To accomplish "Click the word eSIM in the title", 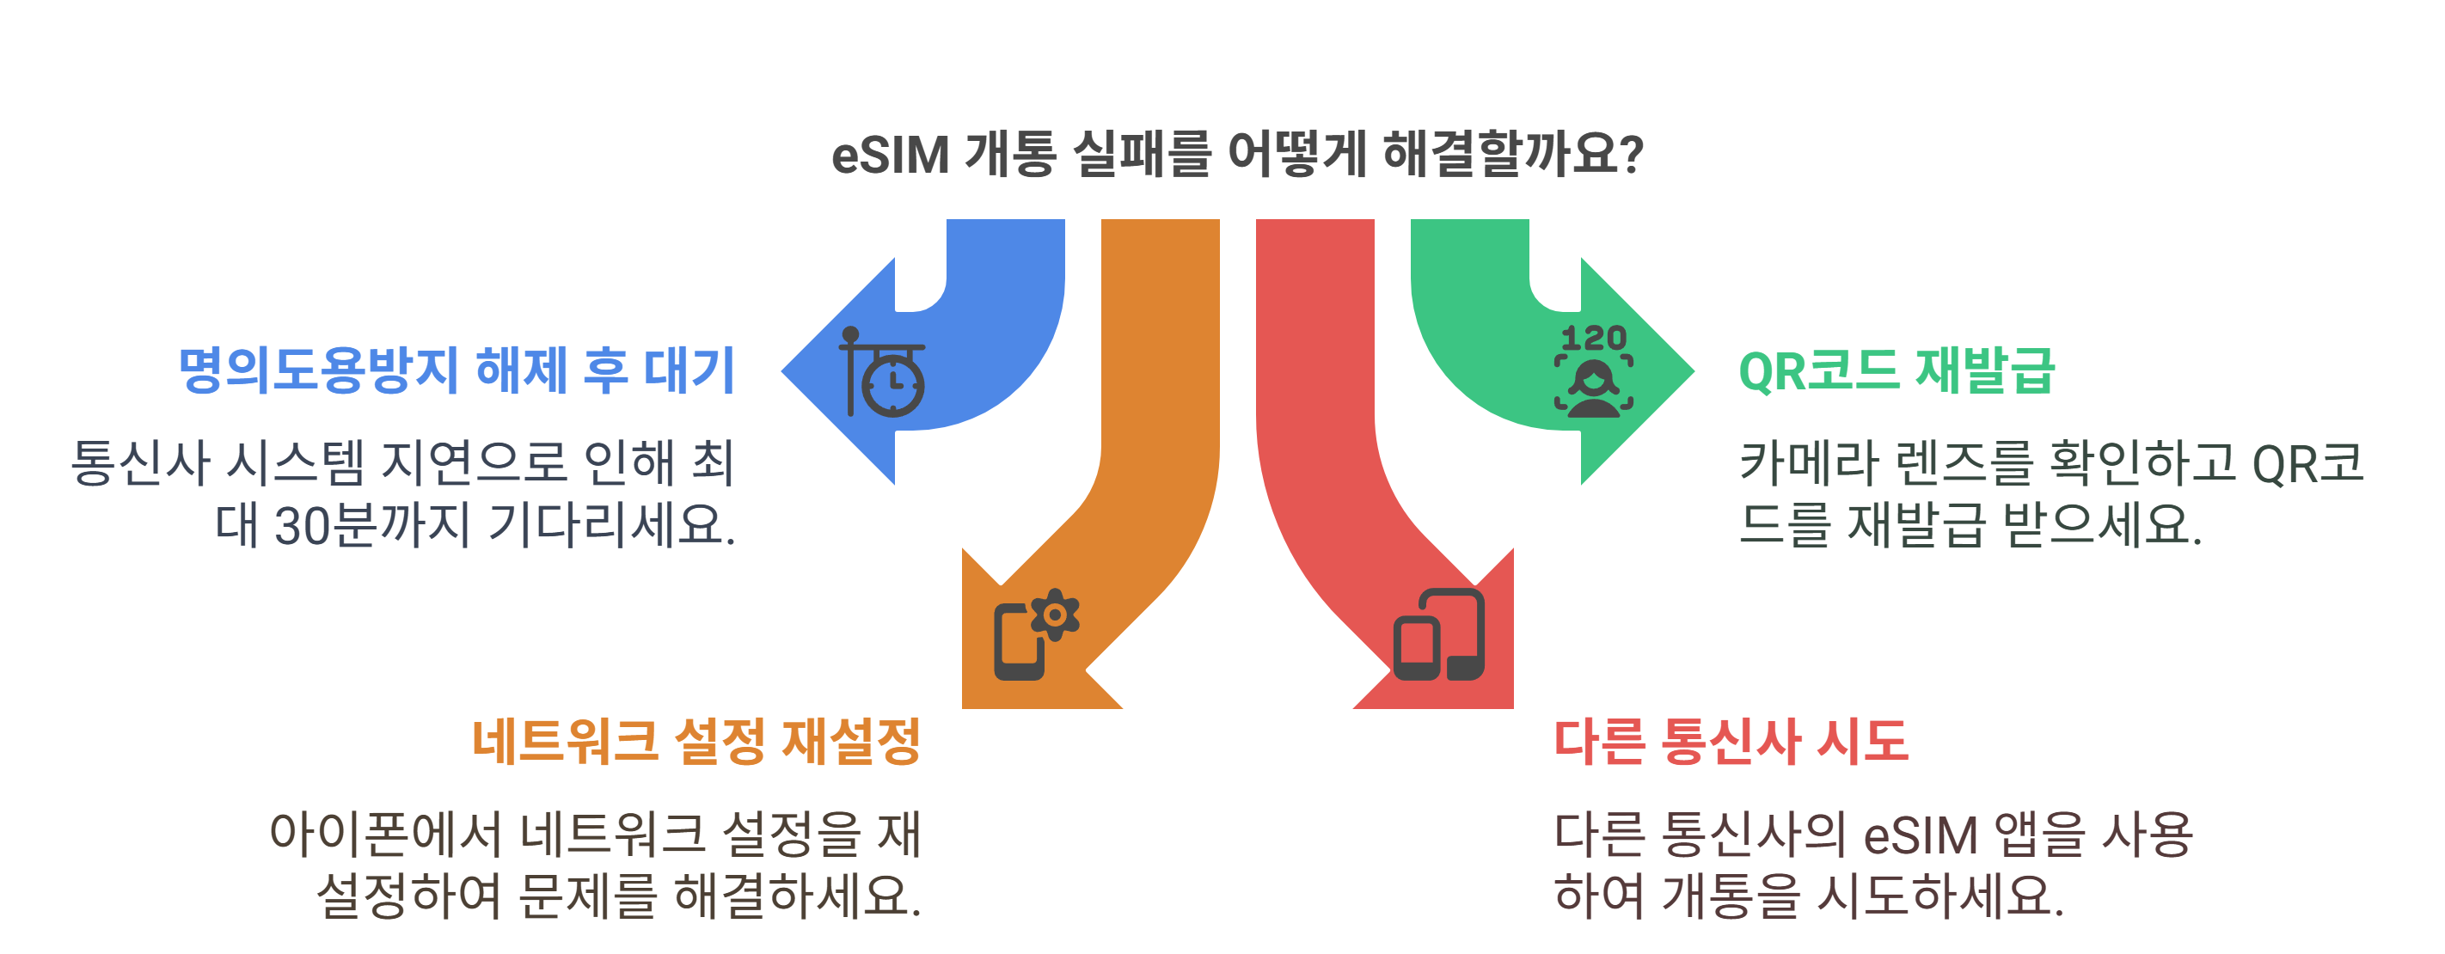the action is [889, 155].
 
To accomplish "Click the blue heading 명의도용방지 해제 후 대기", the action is [457, 370].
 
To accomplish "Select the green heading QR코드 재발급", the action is [1896, 370].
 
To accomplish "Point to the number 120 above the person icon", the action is [1594, 337].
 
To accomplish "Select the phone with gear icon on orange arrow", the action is [1034, 635].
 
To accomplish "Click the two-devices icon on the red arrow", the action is [1438, 635].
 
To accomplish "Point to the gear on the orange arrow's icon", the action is [1055, 615].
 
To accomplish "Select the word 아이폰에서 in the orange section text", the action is [385, 834].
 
